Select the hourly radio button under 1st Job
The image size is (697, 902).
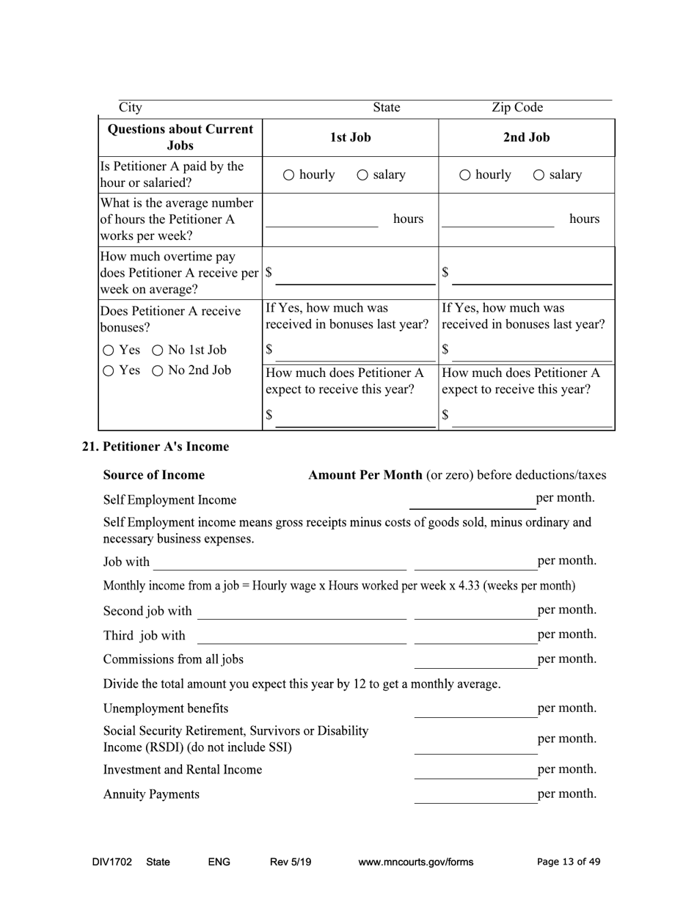(x=288, y=175)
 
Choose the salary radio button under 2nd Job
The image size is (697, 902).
(x=539, y=175)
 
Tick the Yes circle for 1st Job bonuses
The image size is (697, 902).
(x=109, y=350)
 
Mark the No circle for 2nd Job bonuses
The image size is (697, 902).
(x=158, y=371)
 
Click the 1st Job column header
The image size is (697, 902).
(x=350, y=137)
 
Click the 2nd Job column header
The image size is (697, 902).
(x=526, y=137)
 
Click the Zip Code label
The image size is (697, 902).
(x=517, y=108)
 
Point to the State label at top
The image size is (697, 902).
(x=386, y=108)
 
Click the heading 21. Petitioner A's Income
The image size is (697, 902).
(x=155, y=447)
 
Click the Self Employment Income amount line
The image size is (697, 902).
(x=472, y=500)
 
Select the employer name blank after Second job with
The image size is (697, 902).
(x=302, y=612)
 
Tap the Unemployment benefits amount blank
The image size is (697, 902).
(x=475, y=709)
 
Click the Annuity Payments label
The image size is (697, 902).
(x=151, y=794)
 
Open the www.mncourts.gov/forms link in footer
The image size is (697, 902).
(x=415, y=862)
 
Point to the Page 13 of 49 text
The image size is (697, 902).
(x=569, y=862)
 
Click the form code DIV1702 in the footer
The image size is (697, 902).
(x=112, y=862)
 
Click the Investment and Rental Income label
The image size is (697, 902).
(x=183, y=770)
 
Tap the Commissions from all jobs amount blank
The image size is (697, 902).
(x=475, y=660)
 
